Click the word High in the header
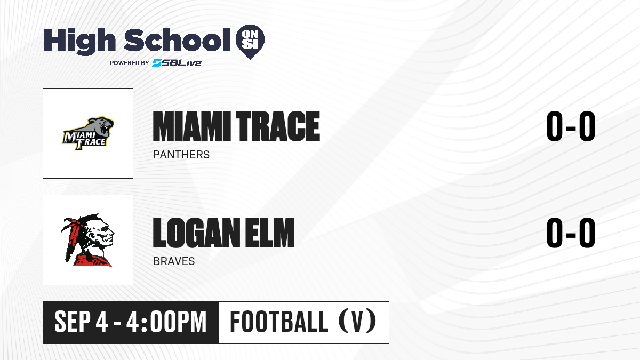79,42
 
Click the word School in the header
177,40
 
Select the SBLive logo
177,63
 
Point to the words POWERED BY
130,63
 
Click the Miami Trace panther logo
88,133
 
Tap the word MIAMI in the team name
191,126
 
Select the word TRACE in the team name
278,126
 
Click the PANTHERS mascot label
181,155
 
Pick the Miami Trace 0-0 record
571,126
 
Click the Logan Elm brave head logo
87,239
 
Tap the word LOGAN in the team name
196,233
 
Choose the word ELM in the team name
269,233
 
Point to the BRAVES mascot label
174,261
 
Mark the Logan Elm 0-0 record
571,233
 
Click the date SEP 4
81,322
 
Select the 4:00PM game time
166,322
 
